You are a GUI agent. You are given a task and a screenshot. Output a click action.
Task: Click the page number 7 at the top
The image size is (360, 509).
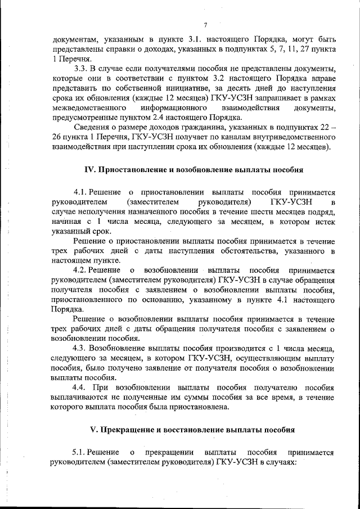(x=205, y=25)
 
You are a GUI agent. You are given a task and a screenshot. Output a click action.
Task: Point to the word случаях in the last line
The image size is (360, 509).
(x=281, y=462)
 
